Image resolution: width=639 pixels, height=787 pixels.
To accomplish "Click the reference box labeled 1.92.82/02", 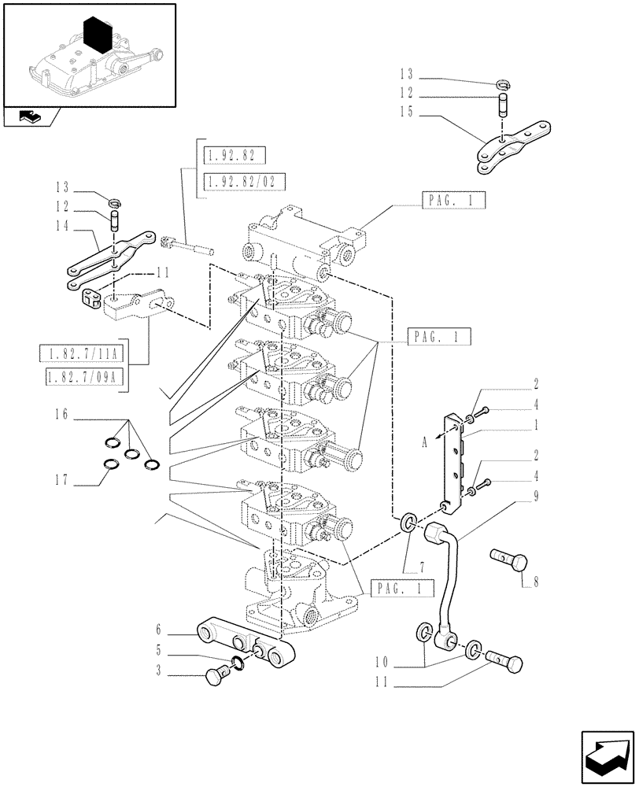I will coord(243,182).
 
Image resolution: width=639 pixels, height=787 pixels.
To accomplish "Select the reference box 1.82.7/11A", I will coord(87,352).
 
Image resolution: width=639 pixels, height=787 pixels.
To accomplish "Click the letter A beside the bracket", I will coord(424,442).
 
